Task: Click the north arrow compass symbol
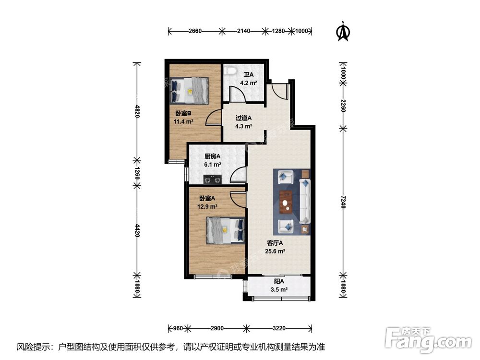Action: (x=344, y=31)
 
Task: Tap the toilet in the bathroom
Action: (x=230, y=71)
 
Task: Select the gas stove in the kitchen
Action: (x=213, y=180)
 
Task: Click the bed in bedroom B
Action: (x=190, y=90)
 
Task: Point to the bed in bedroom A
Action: (x=226, y=230)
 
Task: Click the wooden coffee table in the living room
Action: (x=286, y=202)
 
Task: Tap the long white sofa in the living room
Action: (x=305, y=201)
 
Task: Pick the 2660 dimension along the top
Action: (x=195, y=31)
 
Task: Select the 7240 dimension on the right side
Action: (x=343, y=202)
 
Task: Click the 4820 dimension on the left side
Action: (x=137, y=111)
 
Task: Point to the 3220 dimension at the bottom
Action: (x=279, y=328)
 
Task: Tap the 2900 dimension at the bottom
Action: (x=217, y=328)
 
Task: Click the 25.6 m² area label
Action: (x=275, y=252)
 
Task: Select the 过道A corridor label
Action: (x=243, y=118)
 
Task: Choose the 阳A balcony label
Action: (x=279, y=281)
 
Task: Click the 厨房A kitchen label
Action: (x=213, y=156)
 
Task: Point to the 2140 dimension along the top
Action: (x=244, y=31)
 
